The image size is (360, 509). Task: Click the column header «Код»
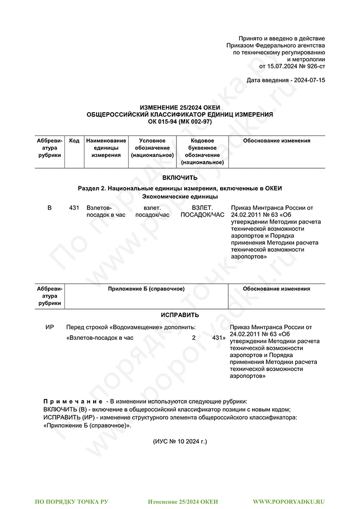point(74,141)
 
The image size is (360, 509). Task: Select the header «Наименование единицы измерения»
point(106,148)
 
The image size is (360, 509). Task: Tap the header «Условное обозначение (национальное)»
point(152,148)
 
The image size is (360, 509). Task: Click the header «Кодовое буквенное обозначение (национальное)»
point(202,151)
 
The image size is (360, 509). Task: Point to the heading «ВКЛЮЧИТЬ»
point(179,178)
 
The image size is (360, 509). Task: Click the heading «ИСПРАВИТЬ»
point(179,315)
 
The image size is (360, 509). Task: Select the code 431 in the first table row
point(74,208)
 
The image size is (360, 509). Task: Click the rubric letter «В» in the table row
point(49,208)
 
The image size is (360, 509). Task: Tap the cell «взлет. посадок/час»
point(152,211)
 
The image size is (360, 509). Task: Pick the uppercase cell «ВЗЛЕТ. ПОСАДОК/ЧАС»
point(202,211)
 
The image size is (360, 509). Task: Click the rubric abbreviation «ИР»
point(50,327)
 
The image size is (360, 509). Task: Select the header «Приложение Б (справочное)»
point(146,289)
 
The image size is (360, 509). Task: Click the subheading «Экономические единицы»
point(179,196)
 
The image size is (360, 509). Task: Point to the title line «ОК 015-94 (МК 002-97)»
point(179,121)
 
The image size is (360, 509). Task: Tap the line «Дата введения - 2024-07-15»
point(285,81)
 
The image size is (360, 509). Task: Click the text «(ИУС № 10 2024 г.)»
point(179,441)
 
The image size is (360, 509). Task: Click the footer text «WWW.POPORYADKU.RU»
point(289,501)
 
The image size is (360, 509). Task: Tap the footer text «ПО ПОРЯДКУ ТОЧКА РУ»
point(71,501)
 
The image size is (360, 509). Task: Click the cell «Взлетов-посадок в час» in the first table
point(106,211)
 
